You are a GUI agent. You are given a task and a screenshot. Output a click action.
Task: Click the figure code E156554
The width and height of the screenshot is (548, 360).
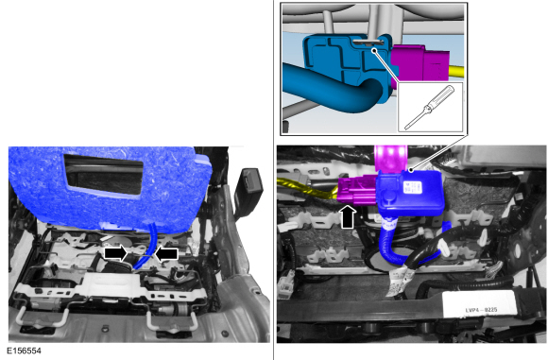coord(24,351)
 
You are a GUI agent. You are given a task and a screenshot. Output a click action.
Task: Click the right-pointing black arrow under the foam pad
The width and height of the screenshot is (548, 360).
coord(115,253)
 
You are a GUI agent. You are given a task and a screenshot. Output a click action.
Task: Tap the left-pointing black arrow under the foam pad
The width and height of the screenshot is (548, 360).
coord(166,254)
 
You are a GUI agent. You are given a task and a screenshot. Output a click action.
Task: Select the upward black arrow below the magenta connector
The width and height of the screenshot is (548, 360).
coord(349,216)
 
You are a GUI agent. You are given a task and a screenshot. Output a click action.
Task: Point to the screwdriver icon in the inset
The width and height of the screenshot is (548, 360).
coord(430,107)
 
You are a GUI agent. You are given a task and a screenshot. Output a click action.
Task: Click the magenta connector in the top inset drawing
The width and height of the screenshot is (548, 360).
coord(420,63)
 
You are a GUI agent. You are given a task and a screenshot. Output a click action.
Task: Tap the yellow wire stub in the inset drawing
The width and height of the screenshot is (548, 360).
coord(456,71)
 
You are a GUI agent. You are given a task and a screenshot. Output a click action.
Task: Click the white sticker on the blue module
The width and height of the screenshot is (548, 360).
coord(412,187)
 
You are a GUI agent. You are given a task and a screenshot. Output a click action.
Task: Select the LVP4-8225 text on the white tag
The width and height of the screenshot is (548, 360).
coord(481,310)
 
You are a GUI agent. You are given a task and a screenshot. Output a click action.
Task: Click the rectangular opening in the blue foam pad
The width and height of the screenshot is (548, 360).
coord(103,175)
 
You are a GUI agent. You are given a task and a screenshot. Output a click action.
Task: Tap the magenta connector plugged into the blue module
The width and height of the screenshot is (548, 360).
coord(357,190)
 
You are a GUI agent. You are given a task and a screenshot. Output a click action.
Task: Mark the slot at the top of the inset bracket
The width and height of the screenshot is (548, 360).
coord(368,42)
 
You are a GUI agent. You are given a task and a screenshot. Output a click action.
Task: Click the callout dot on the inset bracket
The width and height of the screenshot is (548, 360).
coord(374,50)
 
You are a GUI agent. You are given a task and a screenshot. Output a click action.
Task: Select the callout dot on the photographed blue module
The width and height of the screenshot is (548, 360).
coord(411,171)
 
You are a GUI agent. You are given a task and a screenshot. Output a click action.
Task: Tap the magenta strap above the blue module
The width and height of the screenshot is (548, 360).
coord(390,158)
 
